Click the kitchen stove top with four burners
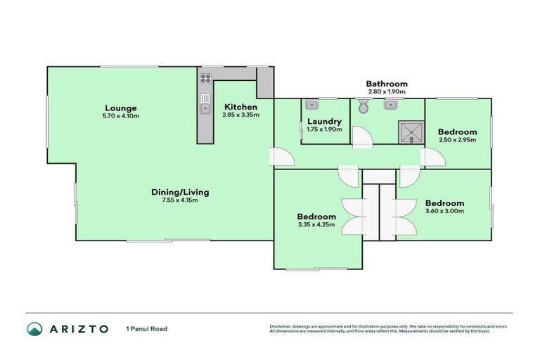[x=206, y=78]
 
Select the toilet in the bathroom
[x=363, y=107]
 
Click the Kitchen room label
[x=240, y=107]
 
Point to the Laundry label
[x=324, y=121]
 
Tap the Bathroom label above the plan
[x=386, y=84]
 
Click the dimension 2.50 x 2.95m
[x=457, y=140]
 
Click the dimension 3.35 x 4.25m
[x=316, y=225]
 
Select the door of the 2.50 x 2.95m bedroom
[x=432, y=157]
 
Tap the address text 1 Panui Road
[x=146, y=328]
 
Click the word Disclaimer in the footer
[x=281, y=326]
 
